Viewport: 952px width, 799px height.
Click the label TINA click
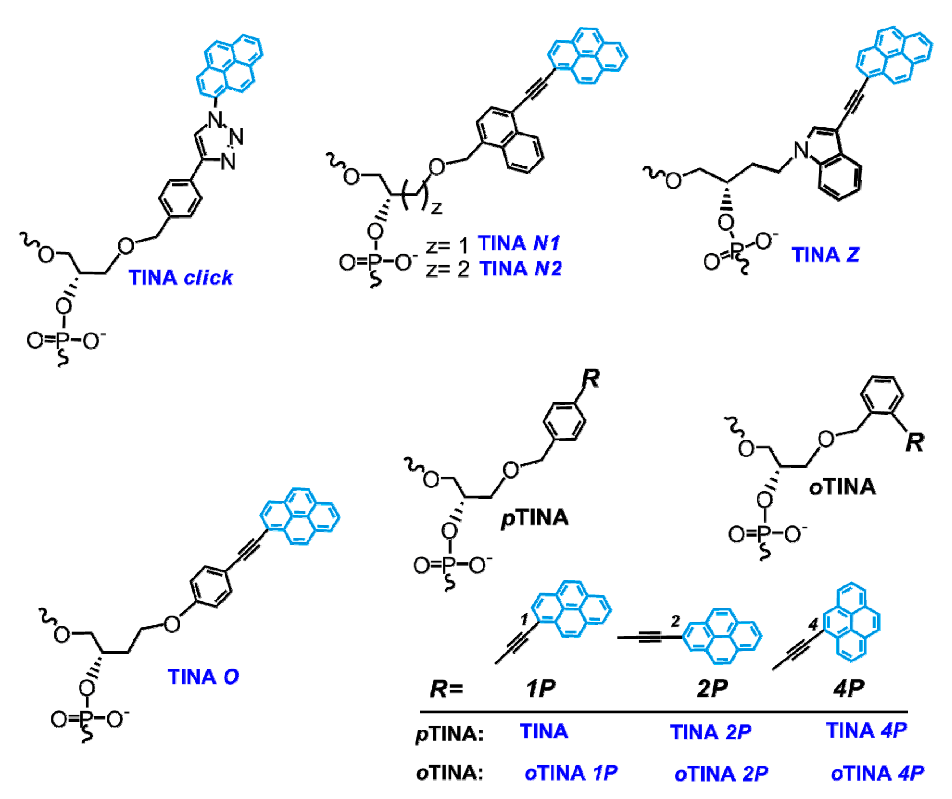pyautogui.click(x=180, y=278)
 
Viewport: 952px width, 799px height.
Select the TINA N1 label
pyautogui.click(x=519, y=244)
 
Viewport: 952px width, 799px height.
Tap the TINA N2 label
pyautogui.click(x=521, y=269)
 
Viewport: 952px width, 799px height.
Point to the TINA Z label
pyautogui.click(x=825, y=255)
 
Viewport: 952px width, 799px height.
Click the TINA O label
pyautogui.click(x=203, y=677)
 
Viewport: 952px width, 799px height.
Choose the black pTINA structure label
pyautogui.click(x=535, y=518)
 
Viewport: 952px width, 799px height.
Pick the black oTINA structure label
pyautogui.click(x=842, y=487)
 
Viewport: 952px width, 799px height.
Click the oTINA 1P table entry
pyautogui.click(x=571, y=773)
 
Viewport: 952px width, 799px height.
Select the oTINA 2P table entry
pyautogui.click(x=721, y=774)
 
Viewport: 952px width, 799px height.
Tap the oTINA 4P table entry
pyautogui.click(x=877, y=773)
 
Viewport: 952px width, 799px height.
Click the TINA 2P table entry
pyautogui.click(x=710, y=732)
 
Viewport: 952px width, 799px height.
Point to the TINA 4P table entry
pyautogui.click(x=866, y=731)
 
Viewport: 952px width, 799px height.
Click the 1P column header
pyautogui.click(x=540, y=688)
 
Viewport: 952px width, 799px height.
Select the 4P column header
pyautogui.click(x=849, y=688)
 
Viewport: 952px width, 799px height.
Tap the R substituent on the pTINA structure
pyautogui.click(x=591, y=379)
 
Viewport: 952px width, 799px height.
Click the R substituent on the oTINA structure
pyautogui.click(x=914, y=442)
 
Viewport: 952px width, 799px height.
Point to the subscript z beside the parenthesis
pyautogui.click(x=436, y=208)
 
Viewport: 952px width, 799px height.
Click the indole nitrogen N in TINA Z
pyautogui.click(x=802, y=151)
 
